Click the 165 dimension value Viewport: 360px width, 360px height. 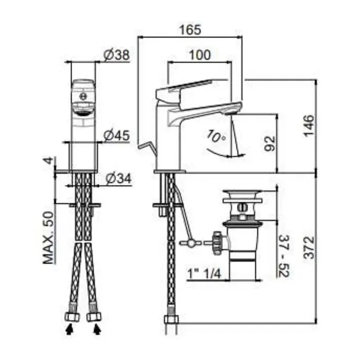pos(190,30)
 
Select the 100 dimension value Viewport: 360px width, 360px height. pos(200,55)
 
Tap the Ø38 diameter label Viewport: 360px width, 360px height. pos(117,55)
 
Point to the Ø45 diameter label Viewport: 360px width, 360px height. pos(117,135)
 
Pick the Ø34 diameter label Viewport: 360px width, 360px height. pos(119,178)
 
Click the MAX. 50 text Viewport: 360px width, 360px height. pos(48,238)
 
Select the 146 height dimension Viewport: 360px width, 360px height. pos(309,125)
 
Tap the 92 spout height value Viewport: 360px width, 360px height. pos(269,143)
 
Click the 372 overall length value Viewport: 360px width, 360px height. pos(309,247)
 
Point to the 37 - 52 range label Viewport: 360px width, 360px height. pos(284,256)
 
